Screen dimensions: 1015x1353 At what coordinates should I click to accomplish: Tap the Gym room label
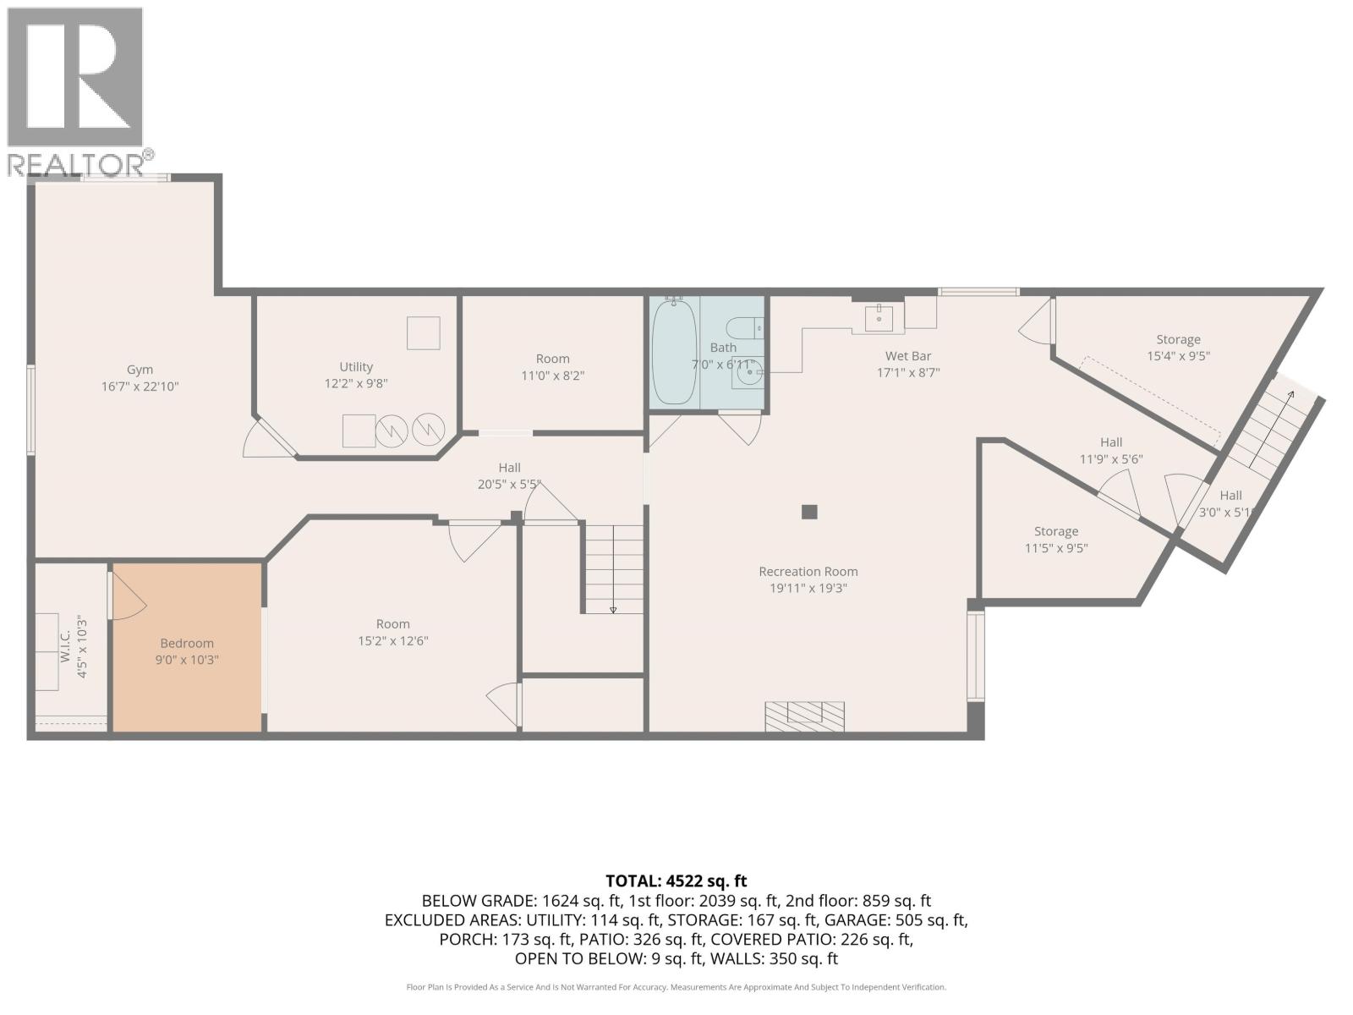point(140,370)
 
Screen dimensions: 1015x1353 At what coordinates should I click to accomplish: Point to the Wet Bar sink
point(879,320)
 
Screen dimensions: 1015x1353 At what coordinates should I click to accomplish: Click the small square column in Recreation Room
point(809,512)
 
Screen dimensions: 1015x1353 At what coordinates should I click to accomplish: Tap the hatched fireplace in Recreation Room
point(804,716)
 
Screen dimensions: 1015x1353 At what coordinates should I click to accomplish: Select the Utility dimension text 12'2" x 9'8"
point(355,383)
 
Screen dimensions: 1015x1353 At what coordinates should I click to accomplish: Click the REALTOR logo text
point(76,164)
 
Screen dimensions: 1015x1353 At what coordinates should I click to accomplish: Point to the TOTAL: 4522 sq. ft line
point(676,881)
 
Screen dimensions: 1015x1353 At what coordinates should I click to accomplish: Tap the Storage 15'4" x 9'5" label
point(1178,348)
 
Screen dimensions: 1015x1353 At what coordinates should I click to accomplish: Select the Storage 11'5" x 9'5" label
point(1055,540)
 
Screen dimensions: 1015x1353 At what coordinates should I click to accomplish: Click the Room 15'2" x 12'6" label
point(392,632)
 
